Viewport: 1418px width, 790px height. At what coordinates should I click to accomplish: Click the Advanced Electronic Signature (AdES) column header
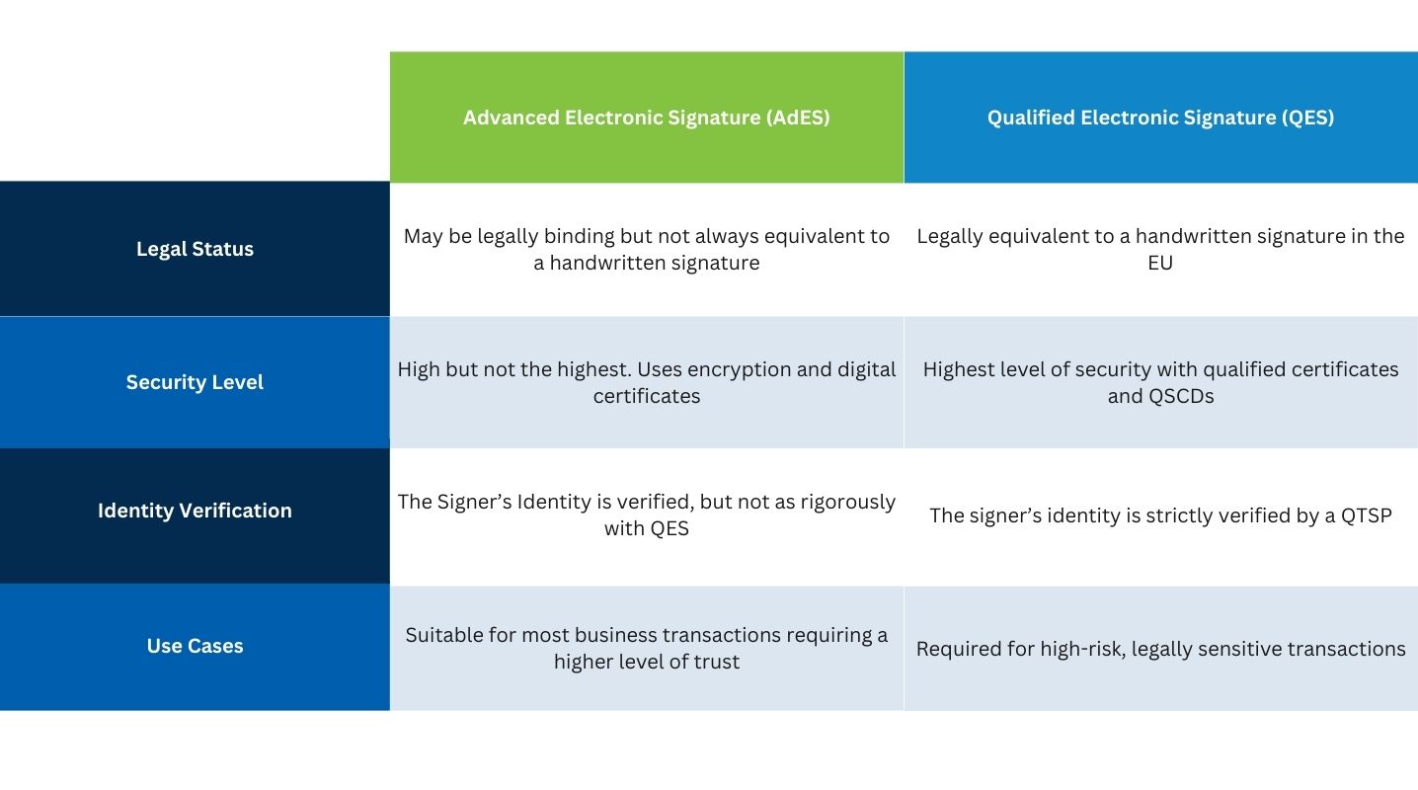click(x=647, y=118)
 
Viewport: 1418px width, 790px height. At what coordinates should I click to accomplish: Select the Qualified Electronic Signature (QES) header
click(x=1160, y=118)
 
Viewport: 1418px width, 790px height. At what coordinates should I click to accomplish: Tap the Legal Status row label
click(x=195, y=250)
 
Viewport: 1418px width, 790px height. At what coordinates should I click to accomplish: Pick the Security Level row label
click(x=195, y=382)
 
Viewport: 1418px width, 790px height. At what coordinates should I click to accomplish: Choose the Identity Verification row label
click(x=195, y=511)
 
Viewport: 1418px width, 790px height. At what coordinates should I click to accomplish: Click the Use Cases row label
click(x=195, y=646)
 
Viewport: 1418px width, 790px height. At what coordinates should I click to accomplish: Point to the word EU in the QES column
click(x=1160, y=263)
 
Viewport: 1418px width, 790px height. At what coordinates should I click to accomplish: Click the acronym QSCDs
click(x=1179, y=396)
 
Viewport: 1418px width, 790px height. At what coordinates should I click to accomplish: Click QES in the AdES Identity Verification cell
click(x=669, y=528)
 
